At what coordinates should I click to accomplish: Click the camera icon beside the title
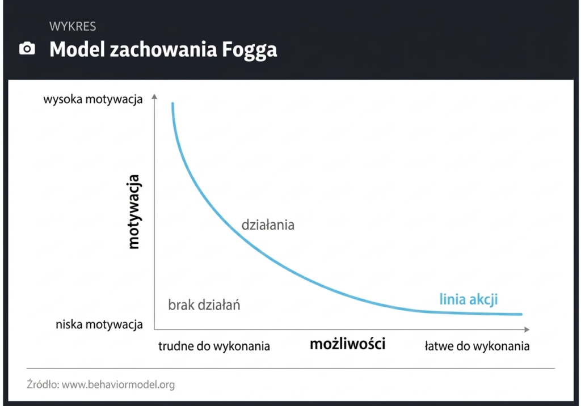tap(27, 49)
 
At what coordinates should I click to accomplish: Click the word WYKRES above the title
tap(73, 26)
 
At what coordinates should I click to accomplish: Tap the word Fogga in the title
tap(250, 50)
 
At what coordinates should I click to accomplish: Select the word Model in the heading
tap(77, 49)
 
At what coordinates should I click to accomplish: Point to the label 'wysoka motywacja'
tap(92, 100)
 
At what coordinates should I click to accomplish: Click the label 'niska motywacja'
tap(99, 325)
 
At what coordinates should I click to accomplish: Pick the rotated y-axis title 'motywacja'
tap(133, 212)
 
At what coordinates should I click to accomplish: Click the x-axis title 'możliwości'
tap(347, 344)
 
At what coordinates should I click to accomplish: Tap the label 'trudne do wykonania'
tap(214, 346)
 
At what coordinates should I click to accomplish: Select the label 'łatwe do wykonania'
tap(477, 346)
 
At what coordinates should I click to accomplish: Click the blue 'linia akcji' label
tap(469, 299)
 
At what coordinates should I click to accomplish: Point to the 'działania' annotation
tap(268, 225)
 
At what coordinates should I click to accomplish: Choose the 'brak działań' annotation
tap(204, 305)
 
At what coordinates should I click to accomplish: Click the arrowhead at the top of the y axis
tap(154, 98)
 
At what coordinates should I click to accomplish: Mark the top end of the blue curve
tap(172, 104)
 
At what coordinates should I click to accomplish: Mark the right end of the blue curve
tap(520, 314)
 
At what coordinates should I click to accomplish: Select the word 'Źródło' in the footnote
tap(43, 384)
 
